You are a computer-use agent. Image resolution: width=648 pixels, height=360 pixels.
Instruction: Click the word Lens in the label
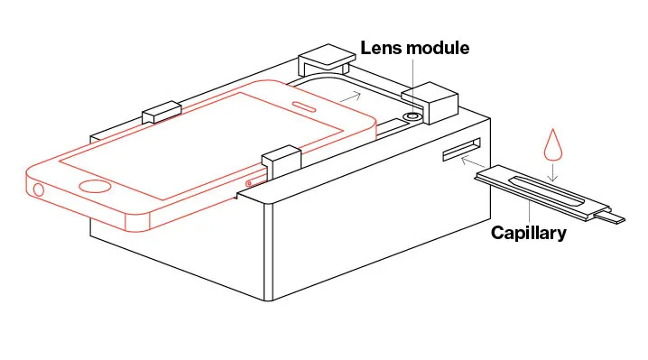[x=381, y=48]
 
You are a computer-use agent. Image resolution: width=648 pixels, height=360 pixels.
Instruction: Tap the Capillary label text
[x=529, y=233]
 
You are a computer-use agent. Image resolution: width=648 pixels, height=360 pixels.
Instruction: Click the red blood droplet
[x=553, y=144]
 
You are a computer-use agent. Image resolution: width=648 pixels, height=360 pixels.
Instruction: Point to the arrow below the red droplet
[x=553, y=172]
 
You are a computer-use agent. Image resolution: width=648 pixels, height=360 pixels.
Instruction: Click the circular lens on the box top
[x=412, y=116]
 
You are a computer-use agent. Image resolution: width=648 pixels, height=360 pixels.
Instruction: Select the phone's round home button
[x=95, y=187]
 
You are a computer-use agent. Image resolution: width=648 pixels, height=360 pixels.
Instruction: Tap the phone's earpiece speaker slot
[x=304, y=106]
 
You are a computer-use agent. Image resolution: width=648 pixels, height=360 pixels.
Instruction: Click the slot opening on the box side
[x=461, y=150]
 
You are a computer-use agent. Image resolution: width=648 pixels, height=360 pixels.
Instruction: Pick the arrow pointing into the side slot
[x=474, y=162]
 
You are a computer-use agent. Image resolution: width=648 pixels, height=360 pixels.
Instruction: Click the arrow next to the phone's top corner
[x=350, y=97]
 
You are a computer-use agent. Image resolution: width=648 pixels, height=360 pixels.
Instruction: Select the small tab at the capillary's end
[x=610, y=217]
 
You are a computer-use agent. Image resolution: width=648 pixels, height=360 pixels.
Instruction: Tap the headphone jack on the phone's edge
[x=38, y=190]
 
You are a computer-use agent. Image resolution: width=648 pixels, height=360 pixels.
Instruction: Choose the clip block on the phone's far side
[x=162, y=112]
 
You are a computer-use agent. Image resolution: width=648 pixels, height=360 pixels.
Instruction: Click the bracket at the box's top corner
[x=326, y=60]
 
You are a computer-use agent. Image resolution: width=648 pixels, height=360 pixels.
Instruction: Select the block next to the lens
[x=430, y=103]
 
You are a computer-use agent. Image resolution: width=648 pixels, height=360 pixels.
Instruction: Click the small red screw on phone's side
[x=249, y=183]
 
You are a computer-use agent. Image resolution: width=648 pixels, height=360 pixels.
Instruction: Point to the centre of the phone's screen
[x=201, y=146]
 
